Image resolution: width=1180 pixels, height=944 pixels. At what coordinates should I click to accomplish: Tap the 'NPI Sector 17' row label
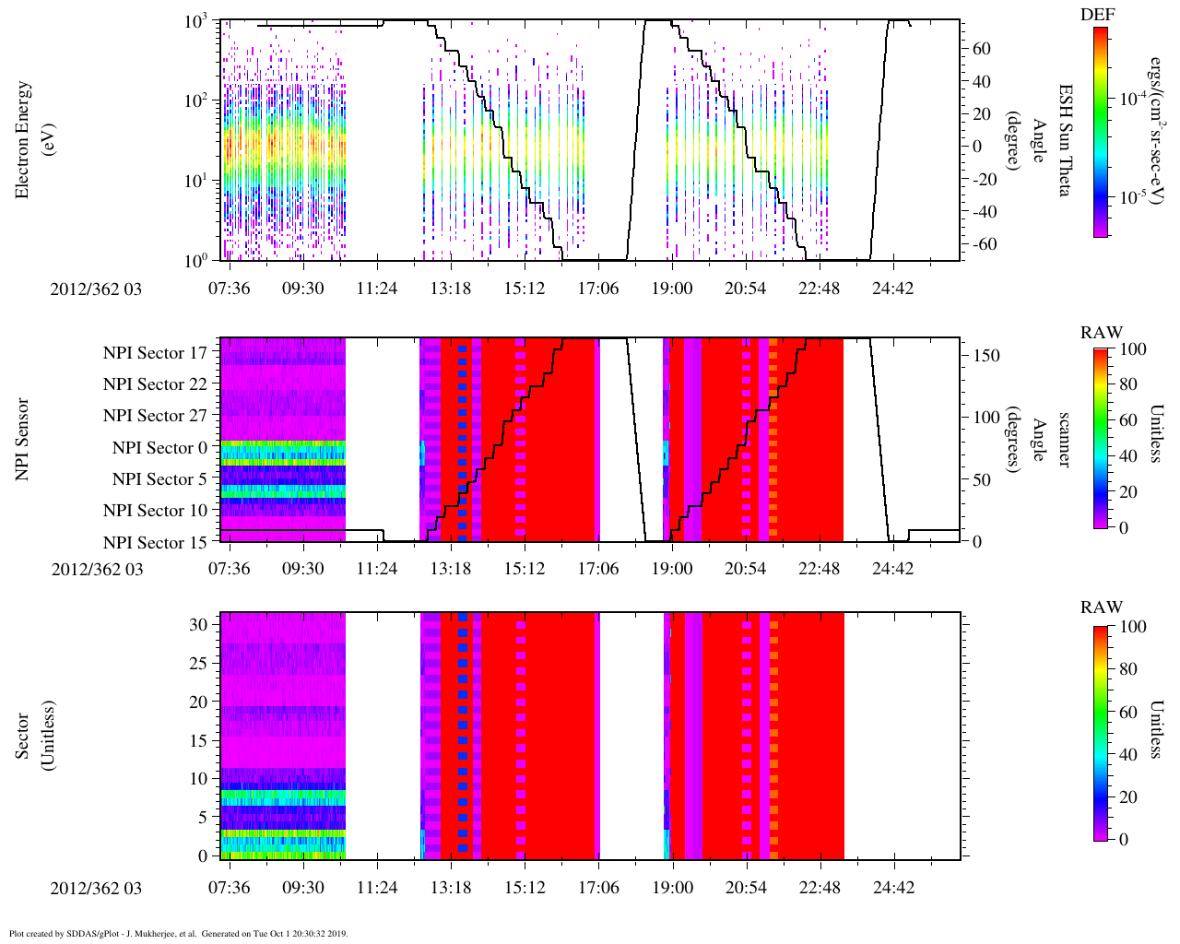coord(155,353)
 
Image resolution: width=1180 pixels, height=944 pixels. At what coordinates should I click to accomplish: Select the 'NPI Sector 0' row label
coord(160,448)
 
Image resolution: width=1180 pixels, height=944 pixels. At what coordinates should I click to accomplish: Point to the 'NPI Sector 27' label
coord(155,416)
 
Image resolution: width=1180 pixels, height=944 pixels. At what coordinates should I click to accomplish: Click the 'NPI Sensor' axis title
coord(21,440)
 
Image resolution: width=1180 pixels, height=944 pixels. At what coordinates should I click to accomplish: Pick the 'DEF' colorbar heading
coord(1098,14)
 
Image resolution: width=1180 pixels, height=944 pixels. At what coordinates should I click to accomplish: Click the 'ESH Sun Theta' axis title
coord(1065,140)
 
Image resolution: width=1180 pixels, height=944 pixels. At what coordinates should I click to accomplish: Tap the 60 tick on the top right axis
coord(982,49)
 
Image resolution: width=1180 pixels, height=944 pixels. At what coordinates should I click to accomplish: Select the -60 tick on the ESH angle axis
coord(979,244)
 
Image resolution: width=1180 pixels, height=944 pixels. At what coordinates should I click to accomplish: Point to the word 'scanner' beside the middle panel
coord(1064,440)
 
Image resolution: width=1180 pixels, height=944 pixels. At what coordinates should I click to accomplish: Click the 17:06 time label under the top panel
coord(598,288)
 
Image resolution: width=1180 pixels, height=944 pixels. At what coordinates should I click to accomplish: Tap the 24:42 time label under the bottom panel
coord(894,887)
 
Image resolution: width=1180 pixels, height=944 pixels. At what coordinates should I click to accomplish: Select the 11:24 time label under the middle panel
coord(377,568)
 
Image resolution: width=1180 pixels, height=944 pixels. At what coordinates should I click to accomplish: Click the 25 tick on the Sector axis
coord(198,664)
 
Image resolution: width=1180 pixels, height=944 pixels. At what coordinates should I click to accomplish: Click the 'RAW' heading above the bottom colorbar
coord(1102,608)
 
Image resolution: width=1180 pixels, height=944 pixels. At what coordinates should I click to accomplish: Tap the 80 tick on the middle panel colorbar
coord(1127,384)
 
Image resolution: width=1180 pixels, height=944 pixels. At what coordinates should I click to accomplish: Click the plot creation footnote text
coord(179,933)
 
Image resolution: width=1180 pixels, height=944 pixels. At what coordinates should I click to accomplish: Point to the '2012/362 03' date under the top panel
coord(96,289)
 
